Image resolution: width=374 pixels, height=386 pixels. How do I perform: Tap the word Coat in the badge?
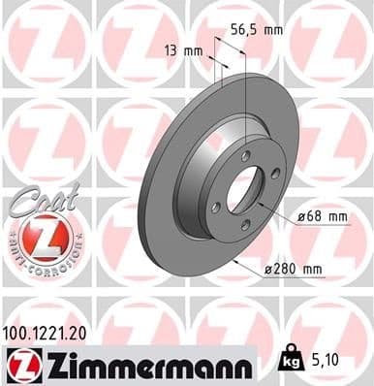coord(36,196)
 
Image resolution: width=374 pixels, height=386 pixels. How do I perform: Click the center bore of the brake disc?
coord(242,189)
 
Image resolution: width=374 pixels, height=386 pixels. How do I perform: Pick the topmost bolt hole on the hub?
coord(245,157)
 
